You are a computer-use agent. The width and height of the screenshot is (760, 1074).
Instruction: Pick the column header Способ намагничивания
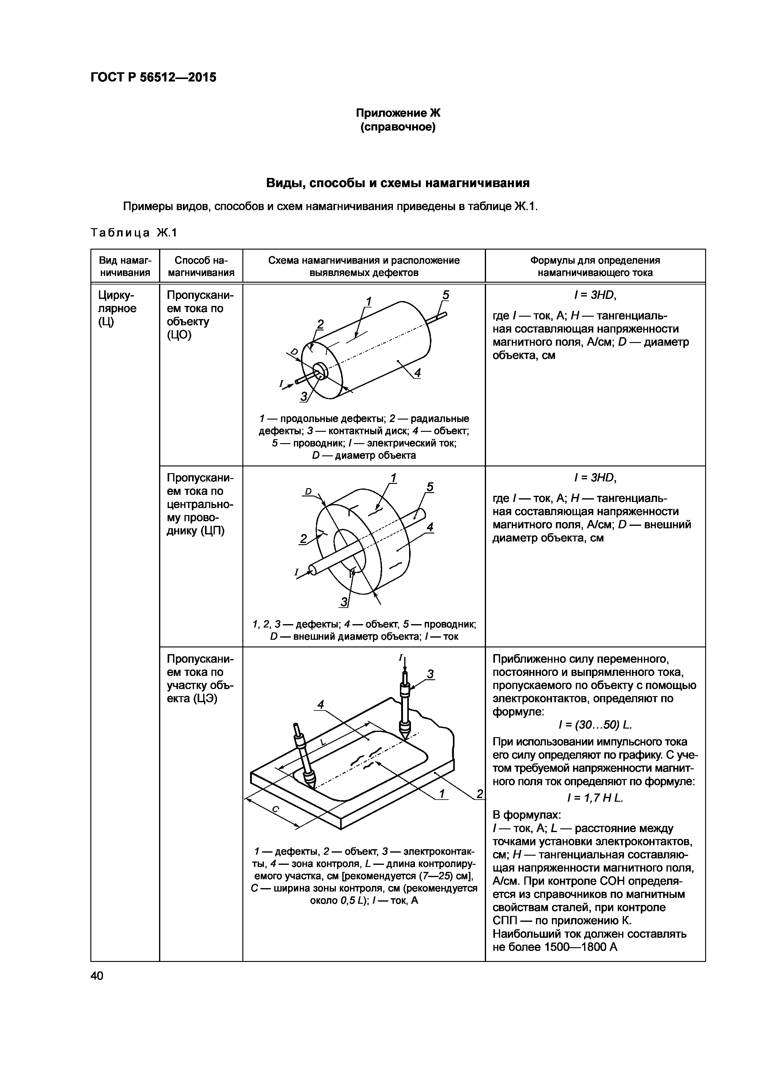(201, 266)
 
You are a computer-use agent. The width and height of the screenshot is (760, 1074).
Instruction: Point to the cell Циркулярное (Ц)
(117, 308)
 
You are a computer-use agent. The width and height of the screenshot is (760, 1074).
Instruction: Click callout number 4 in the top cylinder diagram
(417, 373)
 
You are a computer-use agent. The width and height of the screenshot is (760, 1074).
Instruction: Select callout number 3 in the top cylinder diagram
(304, 397)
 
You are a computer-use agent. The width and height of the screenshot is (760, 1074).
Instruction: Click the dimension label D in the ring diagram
(308, 491)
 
